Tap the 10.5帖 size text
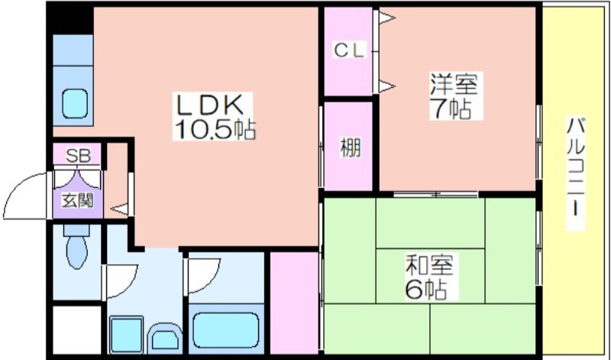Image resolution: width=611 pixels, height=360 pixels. click(x=215, y=129)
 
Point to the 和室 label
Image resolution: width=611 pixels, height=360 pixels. click(x=429, y=264)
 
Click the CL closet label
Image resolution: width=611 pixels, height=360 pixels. click(x=349, y=50)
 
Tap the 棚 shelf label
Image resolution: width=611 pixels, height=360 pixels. click(x=351, y=148)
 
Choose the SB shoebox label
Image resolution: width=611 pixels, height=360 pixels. click(x=78, y=156)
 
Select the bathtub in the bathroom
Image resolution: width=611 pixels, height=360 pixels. click(x=225, y=331)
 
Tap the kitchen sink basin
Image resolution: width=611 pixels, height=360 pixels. click(x=74, y=103)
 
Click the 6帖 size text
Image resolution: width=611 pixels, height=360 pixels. click(x=425, y=289)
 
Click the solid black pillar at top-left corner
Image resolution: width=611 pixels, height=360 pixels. click(x=70, y=18)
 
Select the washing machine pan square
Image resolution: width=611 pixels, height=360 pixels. click(x=126, y=335)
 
